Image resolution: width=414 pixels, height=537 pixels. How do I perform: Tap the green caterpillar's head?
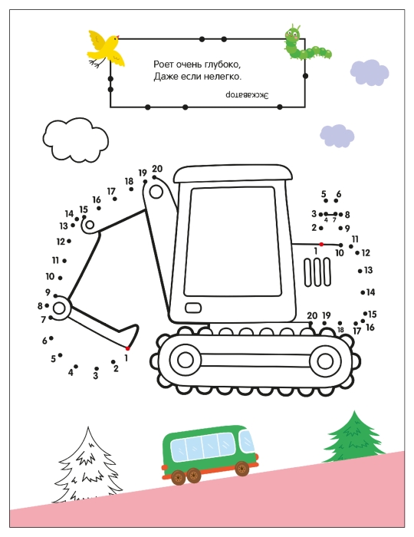[293, 34]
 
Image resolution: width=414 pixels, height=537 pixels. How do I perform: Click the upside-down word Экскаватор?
[247, 95]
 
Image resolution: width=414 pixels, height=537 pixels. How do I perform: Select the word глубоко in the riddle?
[220, 64]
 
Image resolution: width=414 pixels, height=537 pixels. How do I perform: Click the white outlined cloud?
[76, 140]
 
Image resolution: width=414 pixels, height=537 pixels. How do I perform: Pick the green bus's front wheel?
[242, 468]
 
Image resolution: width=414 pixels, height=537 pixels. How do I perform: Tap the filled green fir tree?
[353, 437]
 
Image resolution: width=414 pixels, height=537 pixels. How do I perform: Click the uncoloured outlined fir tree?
[87, 465]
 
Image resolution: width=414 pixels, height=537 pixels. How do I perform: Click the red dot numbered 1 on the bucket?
[127, 348]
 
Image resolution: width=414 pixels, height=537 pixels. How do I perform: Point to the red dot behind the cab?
[321, 244]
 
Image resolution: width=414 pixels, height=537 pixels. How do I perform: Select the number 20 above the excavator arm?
[157, 169]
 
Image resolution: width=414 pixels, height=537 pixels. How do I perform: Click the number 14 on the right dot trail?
[370, 292]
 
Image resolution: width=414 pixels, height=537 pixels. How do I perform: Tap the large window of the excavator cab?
[232, 242]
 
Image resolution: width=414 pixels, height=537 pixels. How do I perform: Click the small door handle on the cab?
[193, 308]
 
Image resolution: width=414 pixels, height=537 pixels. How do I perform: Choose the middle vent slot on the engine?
[317, 272]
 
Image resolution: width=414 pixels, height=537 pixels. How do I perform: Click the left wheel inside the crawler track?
[185, 360]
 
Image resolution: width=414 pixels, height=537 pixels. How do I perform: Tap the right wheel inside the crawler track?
[325, 361]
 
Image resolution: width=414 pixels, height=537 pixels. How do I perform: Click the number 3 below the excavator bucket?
[96, 376]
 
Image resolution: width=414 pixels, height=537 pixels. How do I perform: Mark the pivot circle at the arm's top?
[156, 192]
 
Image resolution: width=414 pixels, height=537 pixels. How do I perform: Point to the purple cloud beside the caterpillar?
[370, 72]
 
